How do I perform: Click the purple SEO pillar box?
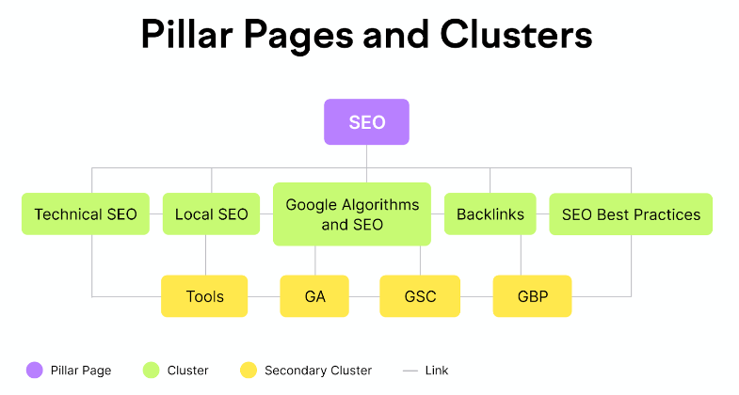(x=366, y=122)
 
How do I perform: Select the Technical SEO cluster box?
(x=86, y=214)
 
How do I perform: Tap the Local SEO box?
(x=212, y=214)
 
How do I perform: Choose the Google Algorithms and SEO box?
(x=352, y=214)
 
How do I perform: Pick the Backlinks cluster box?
(x=490, y=214)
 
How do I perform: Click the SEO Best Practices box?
(x=631, y=214)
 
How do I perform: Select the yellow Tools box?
(x=204, y=296)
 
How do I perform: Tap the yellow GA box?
(x=314, y=296)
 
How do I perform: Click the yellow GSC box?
(x=420, y=296)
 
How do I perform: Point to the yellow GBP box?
(x=532, y=296)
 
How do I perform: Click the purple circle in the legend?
(x=35, y=371)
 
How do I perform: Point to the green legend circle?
(x=151, y=371)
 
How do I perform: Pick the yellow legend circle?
(x=249, y=371)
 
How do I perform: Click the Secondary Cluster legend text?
(x=318, y=371)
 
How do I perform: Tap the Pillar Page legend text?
(x=82, y=371)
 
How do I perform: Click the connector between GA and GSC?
(x=364, y=296)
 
